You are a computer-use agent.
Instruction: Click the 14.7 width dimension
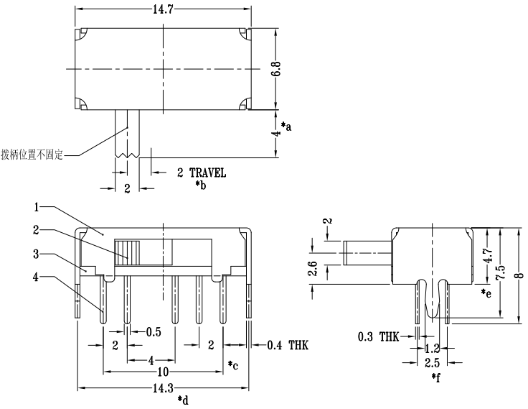pyautogui.click(x=163, y=8)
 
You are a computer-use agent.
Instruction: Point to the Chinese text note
pyautogui.click(x=32, y=154)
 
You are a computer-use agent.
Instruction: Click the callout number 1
pyautogui.click(x=36, y=207)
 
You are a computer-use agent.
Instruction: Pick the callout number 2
pyautogui.click(x=36, y=230)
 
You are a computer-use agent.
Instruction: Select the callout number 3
pyautogui.click(x=36, y=254)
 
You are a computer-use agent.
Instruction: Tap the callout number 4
pyautogui.click(x=36, y=276)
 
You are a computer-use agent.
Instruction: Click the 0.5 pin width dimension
pyautogui.click(x=153, y=331)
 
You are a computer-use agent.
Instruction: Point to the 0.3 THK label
pyautogui.click(x=377, y=336)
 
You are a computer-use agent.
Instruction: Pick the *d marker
pyautogui.click(x=182, y=400)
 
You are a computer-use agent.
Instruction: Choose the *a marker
pyautogui.click(x=286, y=127)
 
